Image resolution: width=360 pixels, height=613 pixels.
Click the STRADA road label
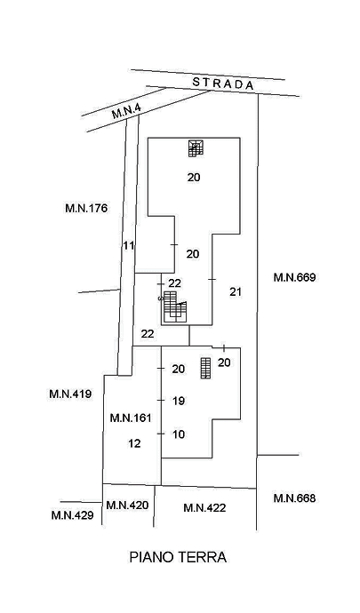(223, 84)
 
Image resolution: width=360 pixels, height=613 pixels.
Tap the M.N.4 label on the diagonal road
(126, 111)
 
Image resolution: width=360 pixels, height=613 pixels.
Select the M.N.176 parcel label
(86, 208)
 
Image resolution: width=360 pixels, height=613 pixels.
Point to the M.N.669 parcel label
(294, 277)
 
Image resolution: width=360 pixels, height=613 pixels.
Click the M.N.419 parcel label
(70, 394)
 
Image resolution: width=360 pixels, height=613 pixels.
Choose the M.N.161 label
(131, 418)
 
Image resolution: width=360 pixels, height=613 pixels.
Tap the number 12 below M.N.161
(134, 443)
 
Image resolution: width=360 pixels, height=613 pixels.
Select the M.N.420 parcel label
(128, 506)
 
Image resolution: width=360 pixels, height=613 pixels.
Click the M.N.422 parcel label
(204, 508)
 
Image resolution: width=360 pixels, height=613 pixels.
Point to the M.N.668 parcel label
(294, 498)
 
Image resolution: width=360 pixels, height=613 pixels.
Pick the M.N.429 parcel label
(72, 515)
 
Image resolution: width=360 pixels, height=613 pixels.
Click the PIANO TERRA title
(178, 557)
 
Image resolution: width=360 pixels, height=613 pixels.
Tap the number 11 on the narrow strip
(129, 246)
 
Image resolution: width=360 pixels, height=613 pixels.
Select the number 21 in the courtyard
(236, 291)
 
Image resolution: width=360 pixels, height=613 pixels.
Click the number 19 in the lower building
(179, 401)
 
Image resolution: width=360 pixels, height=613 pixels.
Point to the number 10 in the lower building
(179, 434)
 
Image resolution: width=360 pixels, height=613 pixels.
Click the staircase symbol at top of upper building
(196, 148)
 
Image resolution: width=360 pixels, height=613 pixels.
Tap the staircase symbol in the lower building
(205, 368)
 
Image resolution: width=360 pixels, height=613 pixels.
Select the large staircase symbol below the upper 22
(174, 306)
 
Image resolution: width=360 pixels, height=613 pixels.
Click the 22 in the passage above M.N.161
(148, 334)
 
